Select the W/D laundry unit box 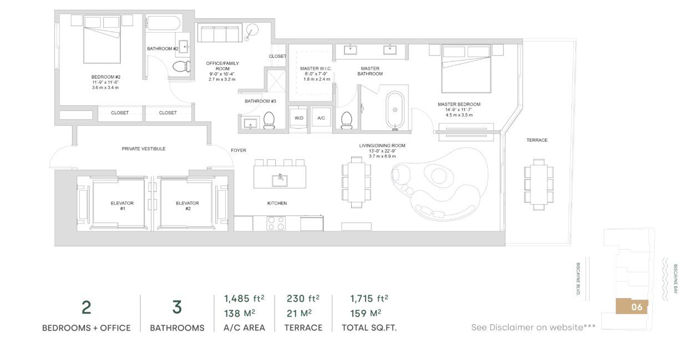(x=298, y=118)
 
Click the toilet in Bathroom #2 (x=180, y=67)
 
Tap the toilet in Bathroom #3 (x=269, y=120)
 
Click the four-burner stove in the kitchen (x=276, y=223)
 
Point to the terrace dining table (x=539, y=184)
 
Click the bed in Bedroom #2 (x=102, y=44)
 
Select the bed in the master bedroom (x=466, y=68)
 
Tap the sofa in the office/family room (x=220, y=33)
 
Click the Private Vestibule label (x=144, y=149)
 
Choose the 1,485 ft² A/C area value (x=244, y=299)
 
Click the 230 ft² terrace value (x=303, y=299)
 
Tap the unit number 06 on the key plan (x=636, y=307)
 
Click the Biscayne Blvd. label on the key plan (x=578, y=278)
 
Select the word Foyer (x=239, y=150)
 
